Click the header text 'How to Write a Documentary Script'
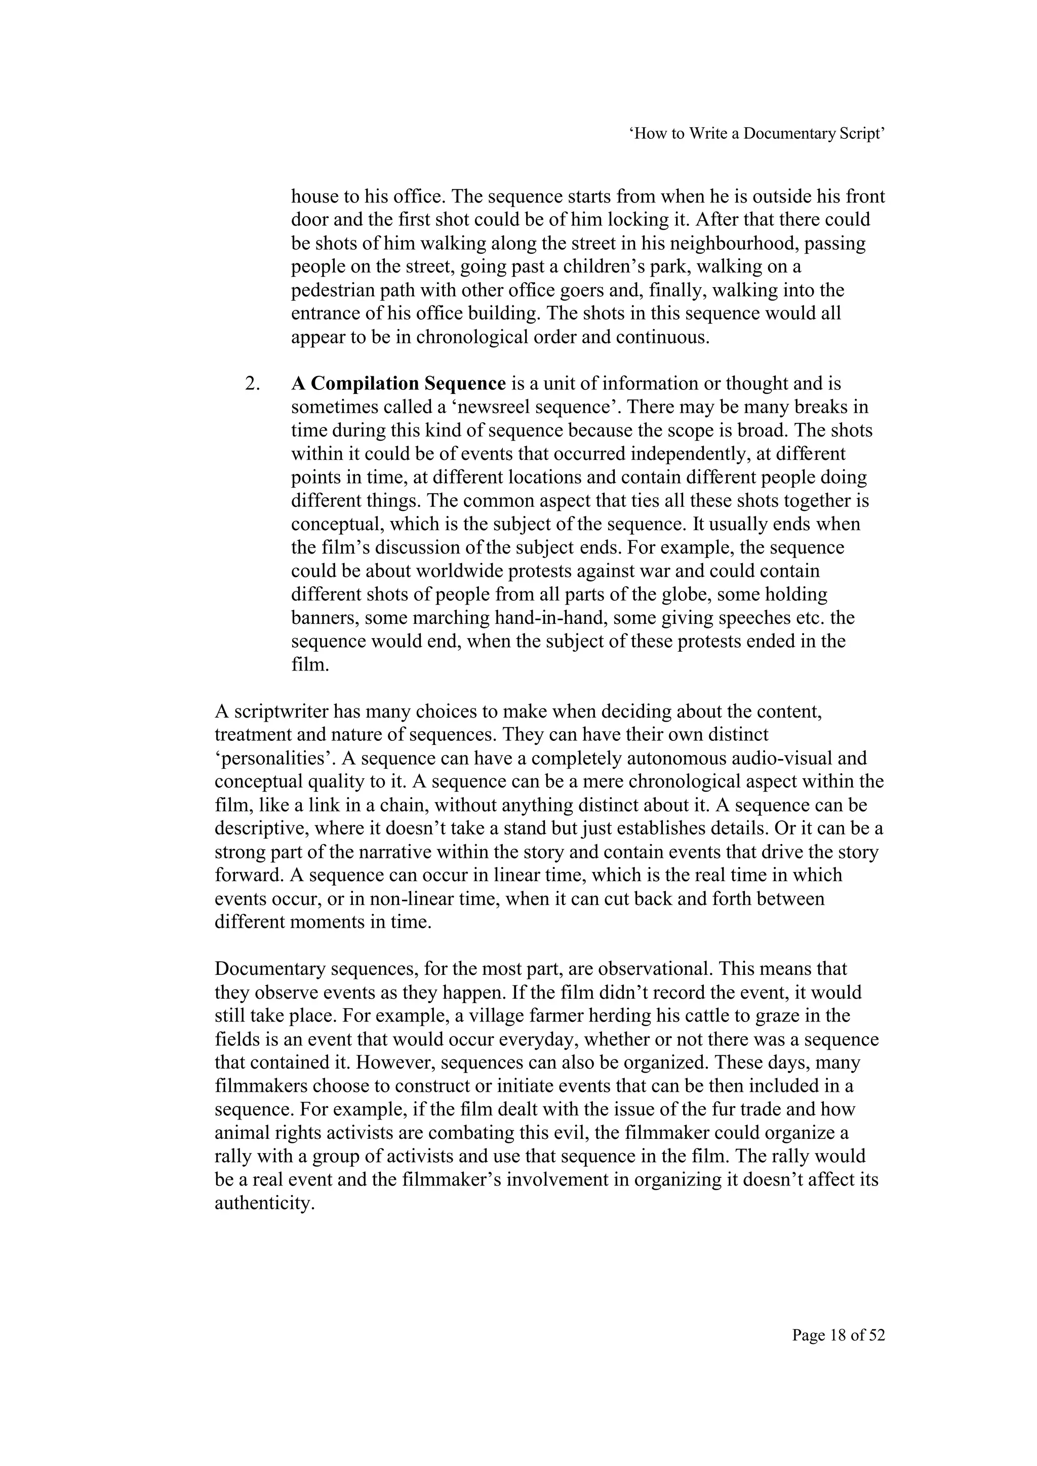[758, 134]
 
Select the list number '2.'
[252, 384]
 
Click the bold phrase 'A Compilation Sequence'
[398, 384]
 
